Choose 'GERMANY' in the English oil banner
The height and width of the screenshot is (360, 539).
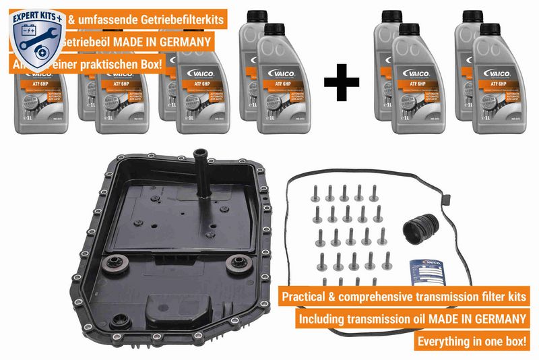tap(495, 318)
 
